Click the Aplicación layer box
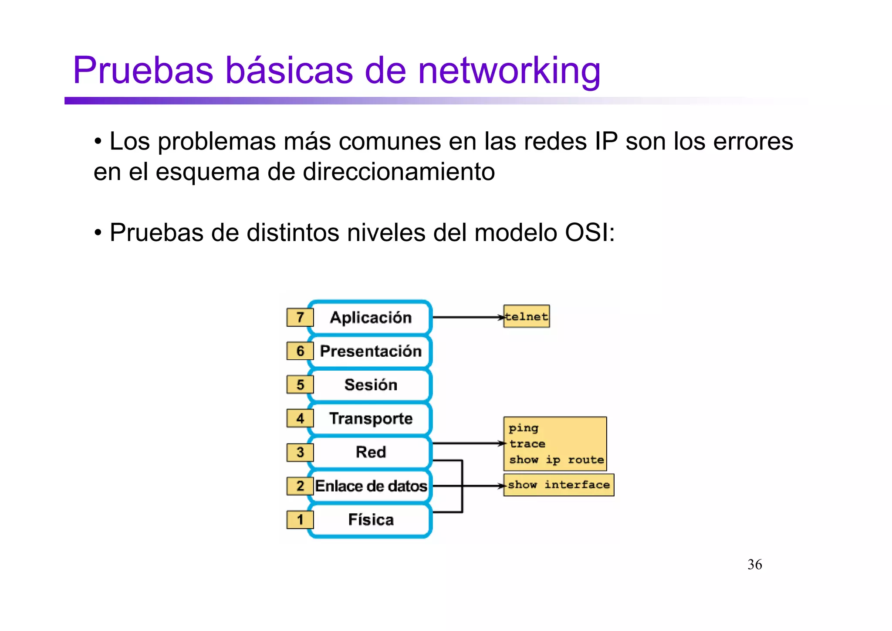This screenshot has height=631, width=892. pos(371,317)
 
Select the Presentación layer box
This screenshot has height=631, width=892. pos(371,351)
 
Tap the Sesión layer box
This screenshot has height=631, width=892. pos(371,385)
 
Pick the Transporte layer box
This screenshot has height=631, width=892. pos(371,418)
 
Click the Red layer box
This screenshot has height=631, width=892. pos(371,452)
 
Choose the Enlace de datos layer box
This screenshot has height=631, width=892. pos(371,486)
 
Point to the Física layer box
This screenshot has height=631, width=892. pos(371,520)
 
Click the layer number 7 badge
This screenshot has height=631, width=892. pos(300,317)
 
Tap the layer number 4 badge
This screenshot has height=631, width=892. pos(300,418)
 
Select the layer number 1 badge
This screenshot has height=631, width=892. pos(300,519)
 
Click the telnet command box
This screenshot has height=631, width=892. pos(527,317)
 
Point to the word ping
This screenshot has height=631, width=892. pos(524,428)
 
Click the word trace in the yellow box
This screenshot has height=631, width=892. pos(527,444)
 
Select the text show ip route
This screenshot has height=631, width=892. pos(557,460)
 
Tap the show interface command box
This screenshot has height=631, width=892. pos(559,485)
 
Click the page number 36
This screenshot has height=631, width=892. pos(755,565)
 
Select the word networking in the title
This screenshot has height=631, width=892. pos(509,71)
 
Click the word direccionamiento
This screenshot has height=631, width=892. pos(399,172)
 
